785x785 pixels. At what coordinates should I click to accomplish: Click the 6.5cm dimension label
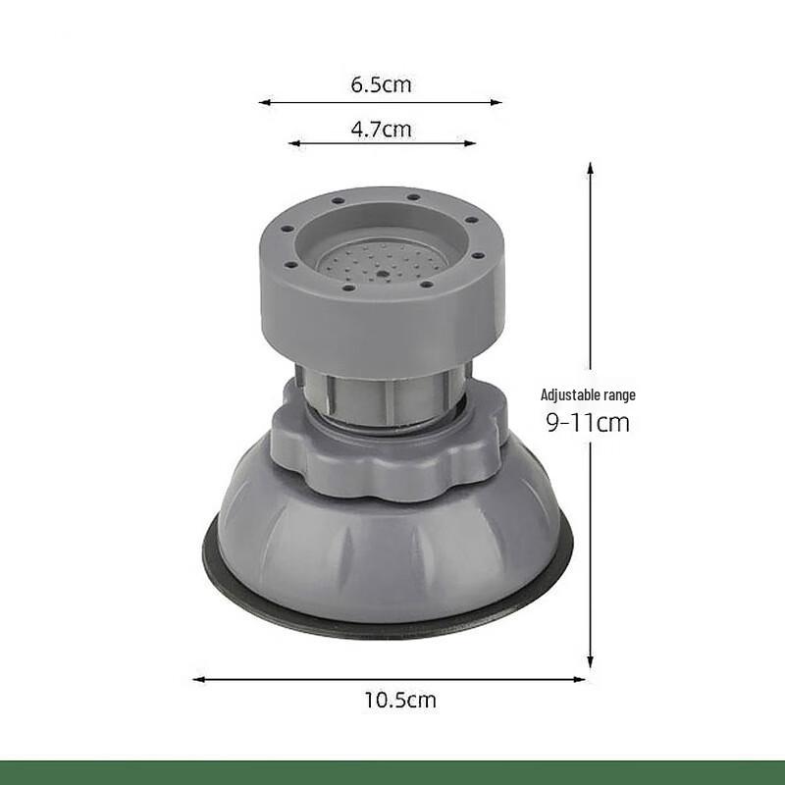[381, 84]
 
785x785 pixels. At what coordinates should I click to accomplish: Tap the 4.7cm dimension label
[381, 129]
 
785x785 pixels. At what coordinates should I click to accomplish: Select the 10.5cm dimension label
[400, 701]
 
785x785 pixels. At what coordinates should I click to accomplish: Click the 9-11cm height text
[588, 424]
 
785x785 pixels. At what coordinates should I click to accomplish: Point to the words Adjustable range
[588, 395]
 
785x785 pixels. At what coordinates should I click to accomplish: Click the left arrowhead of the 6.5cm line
[263, 101]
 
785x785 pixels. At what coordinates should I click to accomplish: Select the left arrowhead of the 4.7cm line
[292, 143]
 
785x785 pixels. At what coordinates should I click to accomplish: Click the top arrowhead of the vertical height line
[590, 168]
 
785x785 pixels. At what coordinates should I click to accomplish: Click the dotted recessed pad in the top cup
[383, 259]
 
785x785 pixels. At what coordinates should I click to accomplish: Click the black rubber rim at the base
[392, 629]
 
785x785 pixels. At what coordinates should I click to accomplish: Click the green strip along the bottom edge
[392, 771]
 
